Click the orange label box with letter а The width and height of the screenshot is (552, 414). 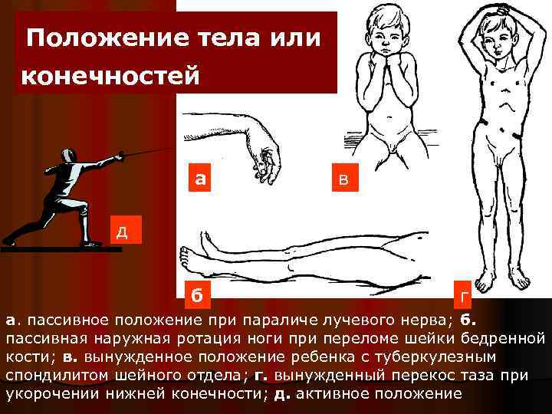point(199,177)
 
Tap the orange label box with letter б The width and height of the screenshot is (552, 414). point(198,294)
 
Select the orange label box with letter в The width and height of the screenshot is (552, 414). point(345,177)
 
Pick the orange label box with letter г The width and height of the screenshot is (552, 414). point(462,294)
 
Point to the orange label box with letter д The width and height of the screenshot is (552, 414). point(126,229)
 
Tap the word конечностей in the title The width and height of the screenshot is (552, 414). point(110,75)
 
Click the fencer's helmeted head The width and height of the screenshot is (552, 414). point(68,156)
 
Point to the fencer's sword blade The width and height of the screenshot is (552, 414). point(149,152)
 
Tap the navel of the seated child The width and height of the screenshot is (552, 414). point(389,117)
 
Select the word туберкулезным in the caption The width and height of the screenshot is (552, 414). point(435,357)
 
